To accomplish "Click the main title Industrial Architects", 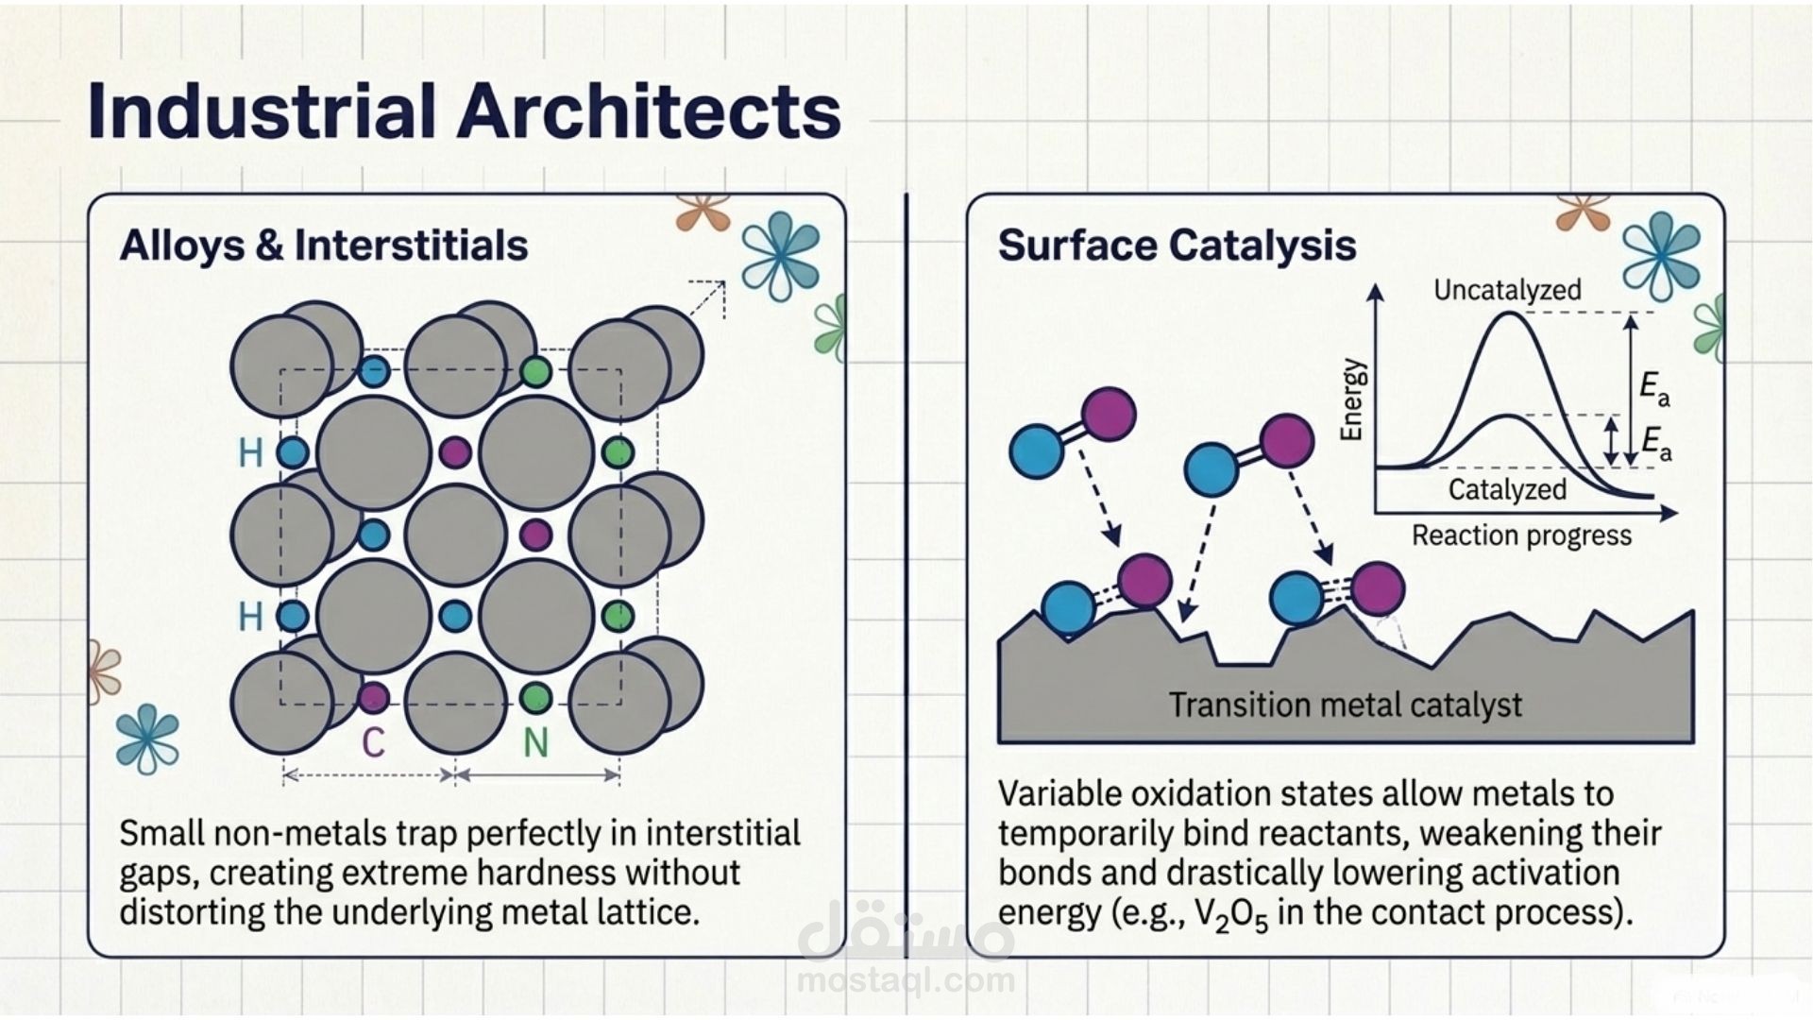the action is coord(464,111).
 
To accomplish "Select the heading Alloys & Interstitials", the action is coord(323,246).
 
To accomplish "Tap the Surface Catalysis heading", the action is coord(1177,246).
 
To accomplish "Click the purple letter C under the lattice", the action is coord(373,742).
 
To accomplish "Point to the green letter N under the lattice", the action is coord(535,742).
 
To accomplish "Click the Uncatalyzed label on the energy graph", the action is coord(1507,289).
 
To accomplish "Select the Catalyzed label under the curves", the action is coord(1507,489).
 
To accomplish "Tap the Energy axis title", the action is coord(1353,399).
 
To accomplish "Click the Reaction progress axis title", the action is coord(1521,535).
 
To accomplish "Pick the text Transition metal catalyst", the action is coord(1346,705).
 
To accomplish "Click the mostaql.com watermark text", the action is coord(906,981).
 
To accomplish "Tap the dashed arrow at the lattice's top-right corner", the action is coord(707,298).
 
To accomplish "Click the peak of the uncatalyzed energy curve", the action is coord(1510,314).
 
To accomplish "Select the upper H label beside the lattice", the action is coord(250,453).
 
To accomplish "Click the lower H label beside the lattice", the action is coord(250,617).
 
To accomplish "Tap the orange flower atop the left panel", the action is coord(703,212).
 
